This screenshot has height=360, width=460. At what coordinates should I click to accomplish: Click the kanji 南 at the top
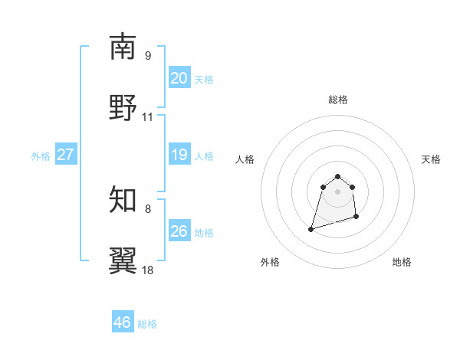coord(123,47)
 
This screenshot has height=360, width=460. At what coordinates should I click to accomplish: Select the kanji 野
coord(123,108)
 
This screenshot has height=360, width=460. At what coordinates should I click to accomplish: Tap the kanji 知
coord(123,200)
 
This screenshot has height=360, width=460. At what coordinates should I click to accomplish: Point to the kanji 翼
coord(123,261)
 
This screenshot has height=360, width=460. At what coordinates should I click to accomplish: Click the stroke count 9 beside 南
coord(147,55)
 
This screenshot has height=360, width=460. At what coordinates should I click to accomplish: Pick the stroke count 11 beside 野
coord(147,117)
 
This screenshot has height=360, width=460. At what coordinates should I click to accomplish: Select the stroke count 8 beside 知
coord(147,208)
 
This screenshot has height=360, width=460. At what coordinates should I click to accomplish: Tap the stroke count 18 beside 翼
coord(147,270)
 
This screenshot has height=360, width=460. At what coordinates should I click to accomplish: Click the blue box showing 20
coord(179,78)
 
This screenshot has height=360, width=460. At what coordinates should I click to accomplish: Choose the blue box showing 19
coord(179,155)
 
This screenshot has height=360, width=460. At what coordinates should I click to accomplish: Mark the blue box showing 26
coord(179,231)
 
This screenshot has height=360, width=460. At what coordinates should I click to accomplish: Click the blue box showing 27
coord(65,155)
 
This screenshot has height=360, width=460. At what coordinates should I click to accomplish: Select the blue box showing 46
coord(123,322)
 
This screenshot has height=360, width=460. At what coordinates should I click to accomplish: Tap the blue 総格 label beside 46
coord(147,324)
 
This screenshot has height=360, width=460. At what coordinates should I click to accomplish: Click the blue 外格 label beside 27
coord(41,155)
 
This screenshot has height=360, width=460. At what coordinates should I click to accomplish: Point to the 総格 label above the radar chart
coord(337,100)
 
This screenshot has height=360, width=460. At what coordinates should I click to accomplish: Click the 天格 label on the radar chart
coord(431,159)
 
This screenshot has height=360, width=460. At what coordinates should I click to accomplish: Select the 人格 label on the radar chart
coord(245,159)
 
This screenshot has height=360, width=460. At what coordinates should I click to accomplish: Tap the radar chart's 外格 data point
coord(311,228)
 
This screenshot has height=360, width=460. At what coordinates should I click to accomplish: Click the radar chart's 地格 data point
coord(357,218)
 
